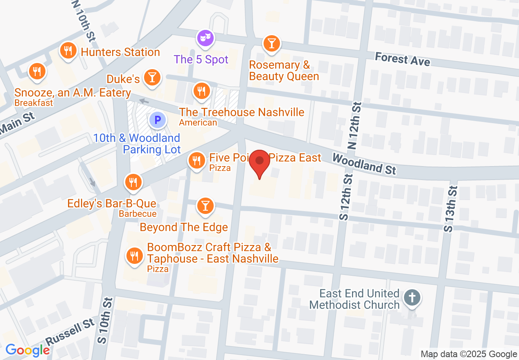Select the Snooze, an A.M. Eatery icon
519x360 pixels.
coord(37,71)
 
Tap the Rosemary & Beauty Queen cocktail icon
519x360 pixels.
coord(271,43)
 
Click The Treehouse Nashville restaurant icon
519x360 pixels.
coord(201,91)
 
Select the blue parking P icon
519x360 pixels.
coord(157,120)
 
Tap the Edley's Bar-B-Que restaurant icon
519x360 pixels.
coord(133,182)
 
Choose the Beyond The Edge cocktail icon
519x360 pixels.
coord(205,206)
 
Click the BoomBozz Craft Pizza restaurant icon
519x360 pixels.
coord(134,256)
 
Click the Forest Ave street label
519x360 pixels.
coord(402,59)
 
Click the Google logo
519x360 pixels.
coord(27,350)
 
